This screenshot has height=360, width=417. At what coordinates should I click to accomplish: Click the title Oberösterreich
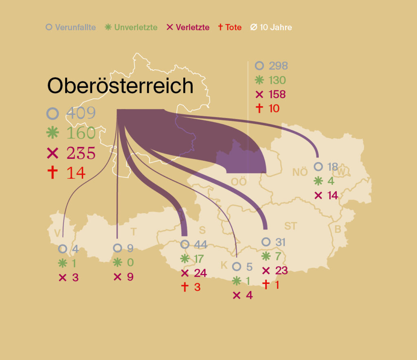click(120, 86)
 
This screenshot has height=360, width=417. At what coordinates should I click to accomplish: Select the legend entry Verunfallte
click(71, 28)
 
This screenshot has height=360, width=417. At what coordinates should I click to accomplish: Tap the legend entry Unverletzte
click(131, 28)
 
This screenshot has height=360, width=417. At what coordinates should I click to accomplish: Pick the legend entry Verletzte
click(188, 28)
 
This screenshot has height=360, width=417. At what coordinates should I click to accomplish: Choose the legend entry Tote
click(230, 28)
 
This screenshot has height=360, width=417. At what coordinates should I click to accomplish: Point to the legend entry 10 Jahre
click(271, 28)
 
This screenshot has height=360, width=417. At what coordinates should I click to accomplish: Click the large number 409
click(81, 113)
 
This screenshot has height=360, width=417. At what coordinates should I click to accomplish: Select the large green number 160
click(81, 133)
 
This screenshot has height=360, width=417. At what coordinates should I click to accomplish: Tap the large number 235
click(81, 153)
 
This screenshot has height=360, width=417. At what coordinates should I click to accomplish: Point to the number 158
click(277, 94)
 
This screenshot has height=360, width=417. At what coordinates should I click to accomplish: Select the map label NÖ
click(300, 172)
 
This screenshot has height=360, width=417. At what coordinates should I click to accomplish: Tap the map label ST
click(291, 226)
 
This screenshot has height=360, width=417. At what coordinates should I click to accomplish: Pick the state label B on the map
click(338, 229)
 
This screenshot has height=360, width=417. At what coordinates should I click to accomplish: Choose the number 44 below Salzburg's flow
click(200, 245)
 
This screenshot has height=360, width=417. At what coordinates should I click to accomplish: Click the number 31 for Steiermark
click(280, 242)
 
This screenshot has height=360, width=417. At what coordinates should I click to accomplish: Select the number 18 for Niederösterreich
click(332, 167)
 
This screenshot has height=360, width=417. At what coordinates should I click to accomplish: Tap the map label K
click(224, 266)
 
